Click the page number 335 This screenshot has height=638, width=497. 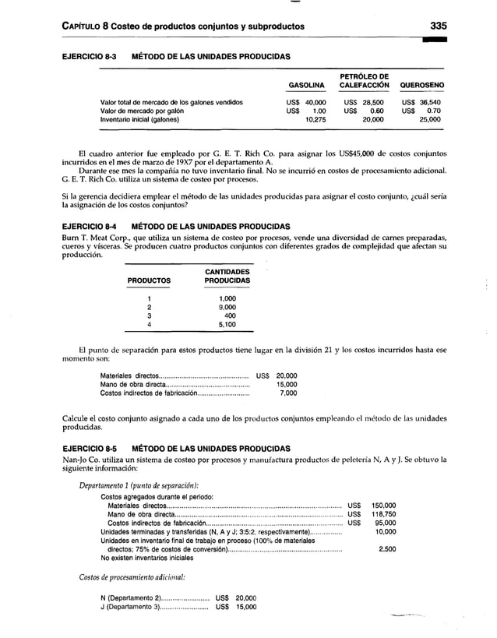[x=438, y=26]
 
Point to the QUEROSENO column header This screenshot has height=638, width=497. [x=422, y=85]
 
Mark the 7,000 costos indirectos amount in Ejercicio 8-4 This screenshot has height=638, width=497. [x=287, y=393]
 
